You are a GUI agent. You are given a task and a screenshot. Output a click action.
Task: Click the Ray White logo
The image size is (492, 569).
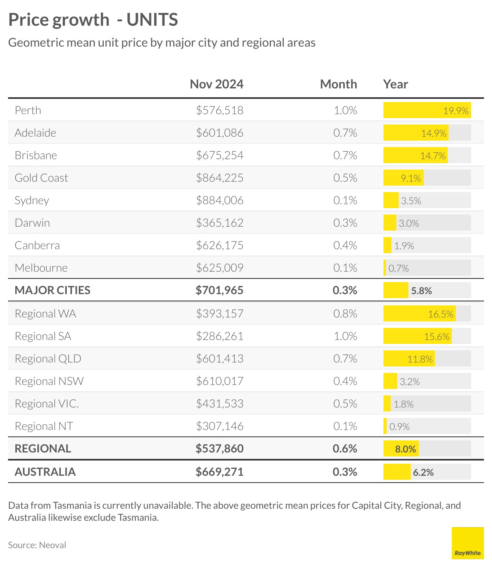pyautogui.click(x=467, y=543)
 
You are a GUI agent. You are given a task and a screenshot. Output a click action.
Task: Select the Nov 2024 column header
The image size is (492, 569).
pyautogui.click(x=216, y=84)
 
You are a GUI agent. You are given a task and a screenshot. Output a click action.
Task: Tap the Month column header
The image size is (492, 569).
pyautogui.click(x=338, y=84)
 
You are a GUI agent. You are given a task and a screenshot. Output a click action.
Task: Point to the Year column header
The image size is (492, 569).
pyautogui.click(x=396, y=84)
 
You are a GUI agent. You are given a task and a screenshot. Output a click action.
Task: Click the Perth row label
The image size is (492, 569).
pyautogui.click(x=28, y=110)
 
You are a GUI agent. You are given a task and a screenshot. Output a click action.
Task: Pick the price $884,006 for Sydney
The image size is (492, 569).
pyautogui.click(x=219, y=200)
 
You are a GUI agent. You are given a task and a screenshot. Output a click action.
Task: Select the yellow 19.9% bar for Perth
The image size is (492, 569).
pyautogui.click(x=427, y=110)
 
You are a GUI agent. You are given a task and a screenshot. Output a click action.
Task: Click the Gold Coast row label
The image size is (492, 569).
pyautogui.click(x=41, y=178)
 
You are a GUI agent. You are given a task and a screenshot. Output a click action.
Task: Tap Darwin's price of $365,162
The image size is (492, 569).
pyautogui.click(x=219, y=223)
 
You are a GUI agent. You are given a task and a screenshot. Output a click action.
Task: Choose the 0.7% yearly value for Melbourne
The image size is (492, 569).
pyautogui.click(x=398, y=268)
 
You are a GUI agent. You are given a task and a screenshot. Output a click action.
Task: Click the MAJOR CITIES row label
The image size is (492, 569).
pyautogui.click(x=52, y=290)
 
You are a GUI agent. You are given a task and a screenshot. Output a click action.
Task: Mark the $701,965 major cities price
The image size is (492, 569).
pyautogui.click(x=219, y=290)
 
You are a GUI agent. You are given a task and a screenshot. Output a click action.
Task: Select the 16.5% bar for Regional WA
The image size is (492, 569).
pyautogui.click(x=420, y=314)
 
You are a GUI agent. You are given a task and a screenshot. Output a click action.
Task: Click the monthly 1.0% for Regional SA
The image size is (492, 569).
pyautogui.click(x=345, y=336)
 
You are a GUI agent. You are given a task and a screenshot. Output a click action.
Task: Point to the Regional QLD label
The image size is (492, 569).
pyautogui.click(x=48, y=358)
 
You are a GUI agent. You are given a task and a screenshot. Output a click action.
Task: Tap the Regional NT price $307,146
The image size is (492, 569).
pyautogui.click(x=219, y=426)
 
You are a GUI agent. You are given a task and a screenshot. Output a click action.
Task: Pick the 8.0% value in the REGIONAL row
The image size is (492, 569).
pyautogui.click(x=405, y=449)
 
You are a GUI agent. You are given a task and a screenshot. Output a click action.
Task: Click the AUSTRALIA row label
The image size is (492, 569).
pyautogui.click(x=45, y=471)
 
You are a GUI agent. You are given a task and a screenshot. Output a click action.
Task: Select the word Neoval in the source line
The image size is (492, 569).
pyautogui.click(x=52, y=545)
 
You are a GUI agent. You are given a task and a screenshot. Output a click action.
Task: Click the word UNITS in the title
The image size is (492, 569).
pyautogui.click(x=152, y=20)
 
